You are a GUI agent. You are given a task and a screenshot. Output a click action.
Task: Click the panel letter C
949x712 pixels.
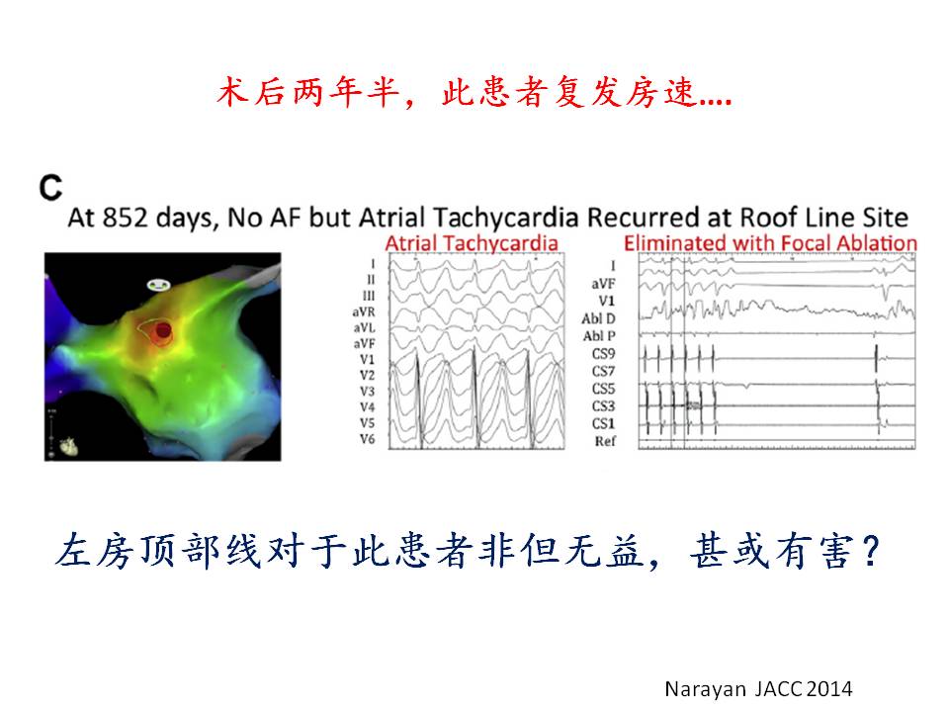[50, 188]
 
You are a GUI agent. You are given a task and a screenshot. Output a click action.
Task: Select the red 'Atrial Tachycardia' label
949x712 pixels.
[472, 243]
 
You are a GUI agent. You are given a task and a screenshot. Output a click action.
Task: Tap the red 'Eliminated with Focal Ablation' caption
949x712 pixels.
[770, 243]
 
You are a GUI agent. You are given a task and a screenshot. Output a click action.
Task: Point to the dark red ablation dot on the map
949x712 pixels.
[163, 330]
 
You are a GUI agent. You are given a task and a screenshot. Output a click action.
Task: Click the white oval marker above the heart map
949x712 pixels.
[158, 284]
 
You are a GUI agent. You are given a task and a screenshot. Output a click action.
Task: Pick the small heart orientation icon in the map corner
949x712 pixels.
[67, 446]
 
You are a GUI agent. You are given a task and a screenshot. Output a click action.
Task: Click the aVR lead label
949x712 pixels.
[364, 311]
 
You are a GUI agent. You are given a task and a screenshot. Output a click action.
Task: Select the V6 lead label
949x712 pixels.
[368, 439]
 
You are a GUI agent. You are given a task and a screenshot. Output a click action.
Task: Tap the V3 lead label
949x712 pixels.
[368, 392]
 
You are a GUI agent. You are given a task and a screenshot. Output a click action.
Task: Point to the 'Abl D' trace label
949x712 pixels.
[599, 318]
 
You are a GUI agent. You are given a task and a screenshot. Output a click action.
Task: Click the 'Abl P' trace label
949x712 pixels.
[599, 336]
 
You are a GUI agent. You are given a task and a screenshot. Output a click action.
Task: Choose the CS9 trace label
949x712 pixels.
[603, 354]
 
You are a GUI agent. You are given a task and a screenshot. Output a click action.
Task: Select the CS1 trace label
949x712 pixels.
[603, 424]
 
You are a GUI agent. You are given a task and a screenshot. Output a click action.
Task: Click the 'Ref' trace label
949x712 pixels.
[605, 441]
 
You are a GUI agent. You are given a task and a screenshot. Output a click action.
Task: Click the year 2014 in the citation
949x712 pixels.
[829, 689]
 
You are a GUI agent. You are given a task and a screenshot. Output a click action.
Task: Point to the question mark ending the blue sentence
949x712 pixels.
[871, 551]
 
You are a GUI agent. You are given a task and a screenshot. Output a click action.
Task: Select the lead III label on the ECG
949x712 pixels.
[369, 296]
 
